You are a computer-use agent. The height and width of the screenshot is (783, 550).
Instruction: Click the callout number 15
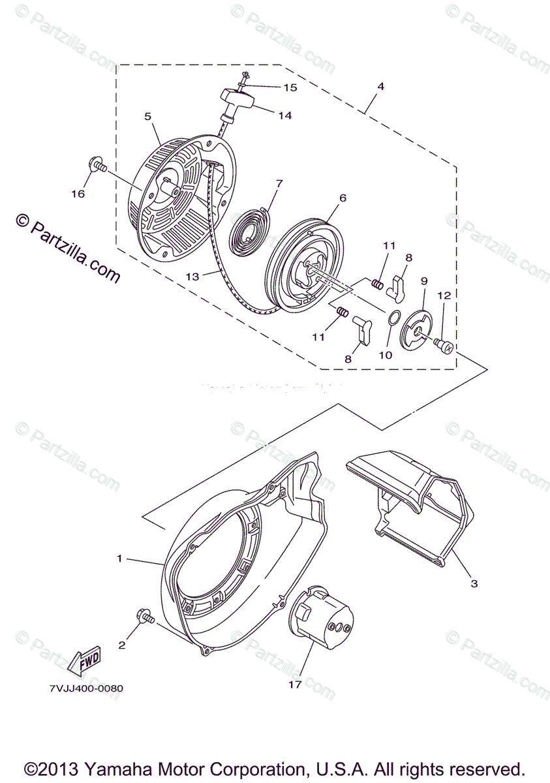coord(289,87)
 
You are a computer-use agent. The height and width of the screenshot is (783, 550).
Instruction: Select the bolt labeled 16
coord(97,166)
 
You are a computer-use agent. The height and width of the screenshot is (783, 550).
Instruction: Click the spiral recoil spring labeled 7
coord(248,224)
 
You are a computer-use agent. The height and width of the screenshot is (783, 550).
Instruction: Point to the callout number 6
coord(343,198)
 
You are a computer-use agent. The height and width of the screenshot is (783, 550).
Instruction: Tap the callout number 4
coord(380,86)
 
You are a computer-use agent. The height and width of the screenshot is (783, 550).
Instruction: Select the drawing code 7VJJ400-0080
coord(85,688)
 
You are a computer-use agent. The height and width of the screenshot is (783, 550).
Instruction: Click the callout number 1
coord(119,558)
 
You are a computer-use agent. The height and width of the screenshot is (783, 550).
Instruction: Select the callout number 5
coord(147,116)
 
